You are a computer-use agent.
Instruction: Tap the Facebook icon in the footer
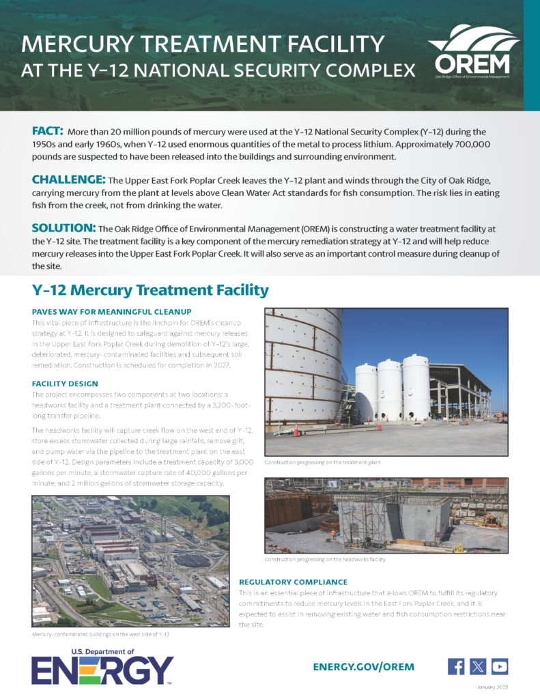point(456,666)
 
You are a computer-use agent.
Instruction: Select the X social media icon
point(478,666)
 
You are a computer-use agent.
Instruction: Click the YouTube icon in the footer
point(500,666)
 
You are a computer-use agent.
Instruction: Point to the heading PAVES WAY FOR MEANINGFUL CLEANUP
point(111,311)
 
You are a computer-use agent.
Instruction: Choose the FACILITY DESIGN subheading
point(65,384)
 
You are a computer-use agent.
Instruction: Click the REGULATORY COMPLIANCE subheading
point(293,582)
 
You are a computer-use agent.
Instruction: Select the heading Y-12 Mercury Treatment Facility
point(150,290)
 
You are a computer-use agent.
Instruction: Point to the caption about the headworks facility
point(325,559)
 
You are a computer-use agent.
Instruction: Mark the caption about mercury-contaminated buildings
point(100,634)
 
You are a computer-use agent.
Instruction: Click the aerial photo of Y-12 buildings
point(130,560)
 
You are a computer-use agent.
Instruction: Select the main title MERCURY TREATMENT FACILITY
point(203,44)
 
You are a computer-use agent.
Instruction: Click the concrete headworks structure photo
point(386,515)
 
